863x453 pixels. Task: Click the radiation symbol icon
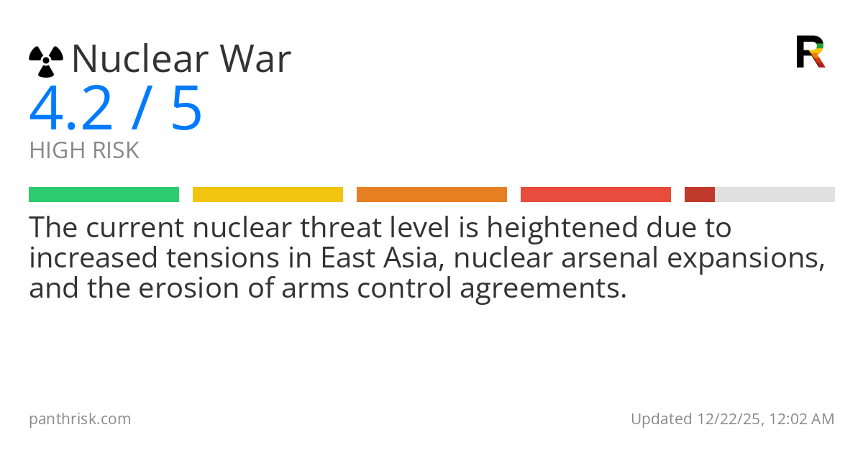pyautogui.click(x=46, y=61)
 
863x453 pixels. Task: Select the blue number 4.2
pyautogui.click(x=70, y=109)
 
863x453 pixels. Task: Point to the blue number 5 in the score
pyautogui.click(x=186, y=109)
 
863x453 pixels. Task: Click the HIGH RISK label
pyautogui.click(x=84, y=151)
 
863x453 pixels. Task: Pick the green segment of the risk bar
pyautogui.click(x=104, y=194)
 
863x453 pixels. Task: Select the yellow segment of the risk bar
pyautogui.click(x=268, y=194)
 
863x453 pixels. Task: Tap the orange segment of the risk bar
pyautogui.click(x=431, y=194)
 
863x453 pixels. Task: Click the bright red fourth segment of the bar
pyautogui.click(x=595, y=194)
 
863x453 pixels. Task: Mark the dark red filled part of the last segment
pyautogui.click(x=699, y=194)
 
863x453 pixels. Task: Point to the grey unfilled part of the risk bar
pyautogui.click(x=775, y=194)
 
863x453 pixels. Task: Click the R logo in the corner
pyautogui.click(x=810, y=52)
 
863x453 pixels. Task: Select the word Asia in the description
pyautogui.click(x=408, y=258)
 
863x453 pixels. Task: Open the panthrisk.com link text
pyautogui.click(x=80, y=418)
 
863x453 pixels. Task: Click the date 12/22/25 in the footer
pyautogui.click(x=727, y=418)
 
